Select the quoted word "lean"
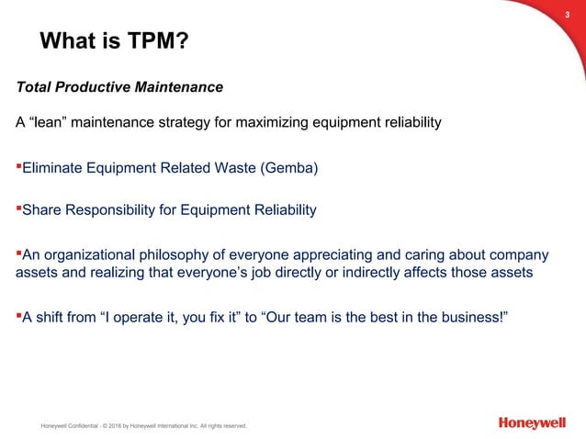50,121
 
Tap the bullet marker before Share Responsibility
18,208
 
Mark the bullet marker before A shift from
18,317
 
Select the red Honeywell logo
533,422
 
